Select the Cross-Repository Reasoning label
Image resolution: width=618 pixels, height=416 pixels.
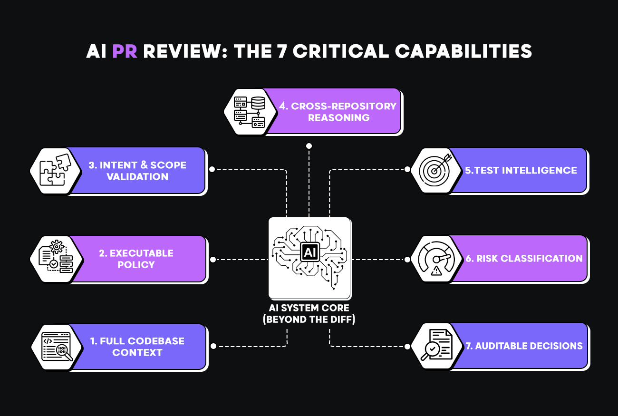tap(338, 111)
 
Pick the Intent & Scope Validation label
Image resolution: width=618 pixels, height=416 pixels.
tap(137, 171)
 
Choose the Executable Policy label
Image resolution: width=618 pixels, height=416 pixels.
tap(136, 259)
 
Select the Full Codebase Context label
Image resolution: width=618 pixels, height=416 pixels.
tap(137, 347)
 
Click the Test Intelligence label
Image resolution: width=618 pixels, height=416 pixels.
tap(521, 170)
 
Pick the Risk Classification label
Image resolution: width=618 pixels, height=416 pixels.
tap(524, 258)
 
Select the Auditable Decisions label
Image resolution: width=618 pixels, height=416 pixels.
tap(524, 346)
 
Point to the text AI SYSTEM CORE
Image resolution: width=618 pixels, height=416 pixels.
tap(309, 308)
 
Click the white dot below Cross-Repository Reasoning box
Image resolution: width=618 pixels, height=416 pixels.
tap(309, 145)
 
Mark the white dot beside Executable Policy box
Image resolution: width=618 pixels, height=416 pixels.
tap(213, 259)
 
